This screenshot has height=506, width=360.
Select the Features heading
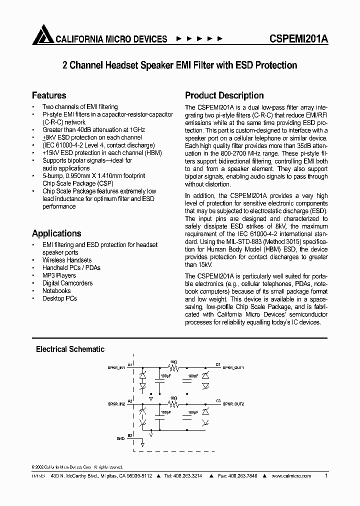tap(49, 95)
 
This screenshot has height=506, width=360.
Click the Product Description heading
tap(224, 95)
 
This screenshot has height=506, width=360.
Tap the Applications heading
tap(56, 233)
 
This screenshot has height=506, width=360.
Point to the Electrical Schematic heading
tap(70, 349)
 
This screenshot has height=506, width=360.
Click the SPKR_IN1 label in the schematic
tap(116, 367)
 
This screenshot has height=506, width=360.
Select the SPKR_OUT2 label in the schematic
tap(233, 403)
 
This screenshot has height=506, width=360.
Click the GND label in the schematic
tap(120, 438)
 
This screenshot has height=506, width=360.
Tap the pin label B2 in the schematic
tap(130, 435)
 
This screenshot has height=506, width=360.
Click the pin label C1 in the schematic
tap(218, 364)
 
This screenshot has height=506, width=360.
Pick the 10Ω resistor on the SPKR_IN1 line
tap(173, 366)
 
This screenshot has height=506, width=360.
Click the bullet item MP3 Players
tap(59, 275)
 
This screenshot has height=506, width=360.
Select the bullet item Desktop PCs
tap(59, 298)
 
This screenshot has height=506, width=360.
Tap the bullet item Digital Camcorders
tap(67, 283)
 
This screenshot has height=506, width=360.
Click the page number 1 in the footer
tap(326, 476)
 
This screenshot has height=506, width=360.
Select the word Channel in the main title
tap(85, 65)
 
